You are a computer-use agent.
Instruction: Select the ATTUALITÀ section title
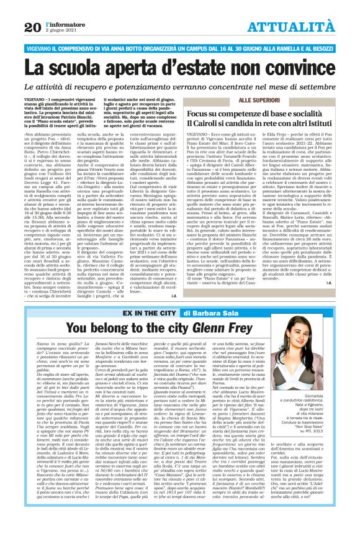coord(300,26)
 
